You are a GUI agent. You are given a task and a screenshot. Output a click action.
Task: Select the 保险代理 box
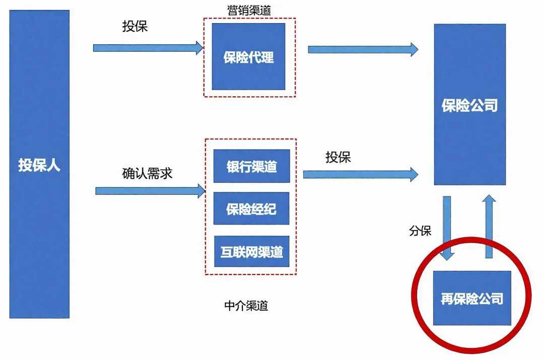248,56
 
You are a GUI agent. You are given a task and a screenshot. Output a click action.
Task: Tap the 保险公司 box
469,105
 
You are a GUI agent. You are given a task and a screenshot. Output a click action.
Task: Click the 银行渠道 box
251,166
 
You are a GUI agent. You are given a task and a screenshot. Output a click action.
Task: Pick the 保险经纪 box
251,208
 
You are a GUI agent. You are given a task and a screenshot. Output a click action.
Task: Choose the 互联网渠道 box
251,251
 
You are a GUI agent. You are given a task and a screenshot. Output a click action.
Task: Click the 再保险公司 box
472,298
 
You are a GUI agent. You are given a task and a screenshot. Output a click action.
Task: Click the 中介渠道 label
246,306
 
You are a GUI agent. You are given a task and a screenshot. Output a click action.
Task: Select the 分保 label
420,231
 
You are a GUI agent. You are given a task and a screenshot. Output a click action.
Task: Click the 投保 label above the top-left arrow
135,26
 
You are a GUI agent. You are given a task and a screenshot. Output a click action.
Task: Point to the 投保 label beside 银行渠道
338,157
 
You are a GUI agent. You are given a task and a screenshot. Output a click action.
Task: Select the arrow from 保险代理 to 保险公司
363,49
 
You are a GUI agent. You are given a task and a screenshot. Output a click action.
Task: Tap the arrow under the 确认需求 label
150,191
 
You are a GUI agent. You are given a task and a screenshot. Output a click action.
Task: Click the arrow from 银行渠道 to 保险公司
360,174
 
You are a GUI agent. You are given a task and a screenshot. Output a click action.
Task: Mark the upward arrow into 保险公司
489,227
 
